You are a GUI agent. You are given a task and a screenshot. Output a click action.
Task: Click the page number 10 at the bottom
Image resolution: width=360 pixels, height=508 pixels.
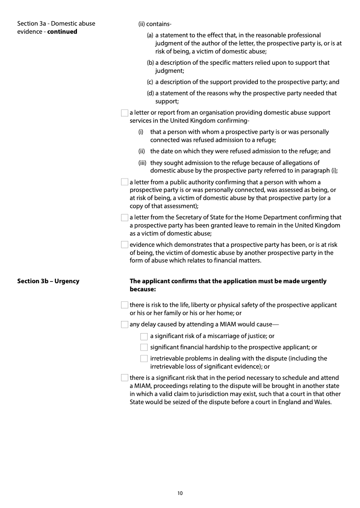click(x=180, y=493)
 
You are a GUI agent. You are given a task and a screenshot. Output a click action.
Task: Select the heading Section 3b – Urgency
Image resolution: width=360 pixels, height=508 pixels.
click(x=48, y=281)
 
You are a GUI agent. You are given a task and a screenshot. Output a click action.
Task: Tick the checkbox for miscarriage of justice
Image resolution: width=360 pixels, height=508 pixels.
click(x=144, y=336)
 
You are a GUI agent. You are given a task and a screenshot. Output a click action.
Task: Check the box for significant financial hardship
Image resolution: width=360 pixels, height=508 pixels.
click(x=144, y=347)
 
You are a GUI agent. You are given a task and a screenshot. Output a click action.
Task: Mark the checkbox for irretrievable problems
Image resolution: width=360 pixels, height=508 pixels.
click(x=144, y=358)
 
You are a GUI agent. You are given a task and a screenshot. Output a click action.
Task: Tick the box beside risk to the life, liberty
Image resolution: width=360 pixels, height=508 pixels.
click(x=125, y=305)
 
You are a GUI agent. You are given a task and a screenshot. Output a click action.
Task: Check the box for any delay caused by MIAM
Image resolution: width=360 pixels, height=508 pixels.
click(x=125, y=325)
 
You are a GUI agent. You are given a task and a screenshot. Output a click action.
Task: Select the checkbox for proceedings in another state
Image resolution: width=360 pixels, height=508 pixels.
click(x=125, y=378)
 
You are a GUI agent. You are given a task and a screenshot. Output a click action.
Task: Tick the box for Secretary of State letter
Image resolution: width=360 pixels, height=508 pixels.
click(x=125, y=218)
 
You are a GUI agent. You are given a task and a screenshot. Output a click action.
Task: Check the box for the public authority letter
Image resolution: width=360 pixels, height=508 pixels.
click(x=125, y=182)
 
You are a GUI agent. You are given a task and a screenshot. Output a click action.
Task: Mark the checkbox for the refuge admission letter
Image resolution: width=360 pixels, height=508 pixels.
click(x=125, y=113)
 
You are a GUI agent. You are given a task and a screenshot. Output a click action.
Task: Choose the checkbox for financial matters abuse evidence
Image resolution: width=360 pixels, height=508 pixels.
click(x=125, y=245)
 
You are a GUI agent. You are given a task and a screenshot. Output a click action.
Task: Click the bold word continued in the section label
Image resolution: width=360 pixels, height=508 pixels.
click(x=62, y=31)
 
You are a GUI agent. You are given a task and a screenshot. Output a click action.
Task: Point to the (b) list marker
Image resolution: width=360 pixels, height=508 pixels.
click(x=150, y=62)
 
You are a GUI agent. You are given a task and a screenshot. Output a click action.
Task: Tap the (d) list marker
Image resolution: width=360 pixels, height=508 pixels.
click(x=150, y=93)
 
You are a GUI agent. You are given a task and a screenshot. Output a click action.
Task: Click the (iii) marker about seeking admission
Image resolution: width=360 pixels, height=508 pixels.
click(x=143, y=163)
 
